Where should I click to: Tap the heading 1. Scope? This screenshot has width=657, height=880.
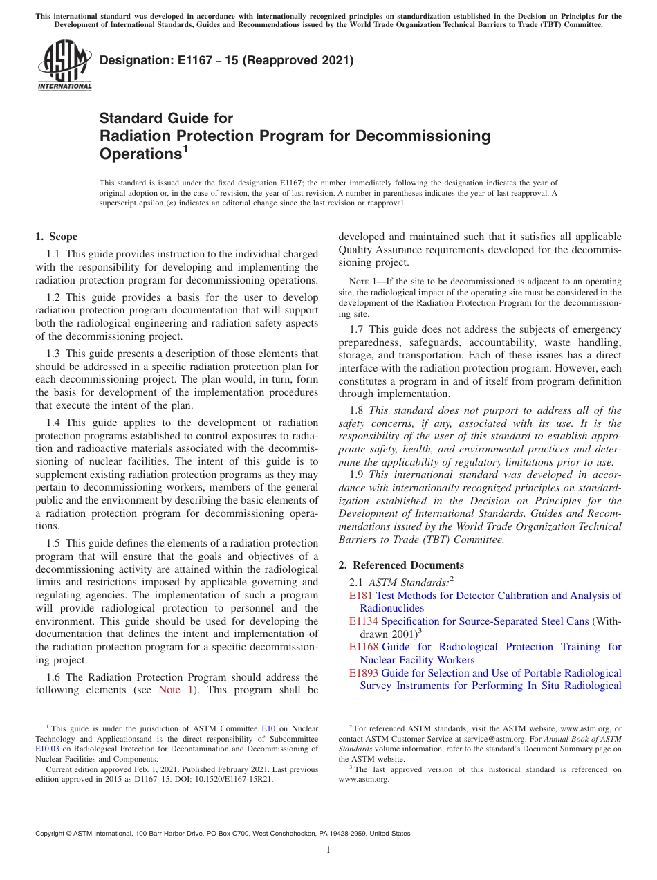point(57,237)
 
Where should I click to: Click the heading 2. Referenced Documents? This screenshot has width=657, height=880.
point(401,565)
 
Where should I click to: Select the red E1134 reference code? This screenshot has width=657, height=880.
point(364,621)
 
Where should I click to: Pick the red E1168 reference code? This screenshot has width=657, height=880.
point(364,647)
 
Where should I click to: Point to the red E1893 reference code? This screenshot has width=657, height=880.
point(364,673)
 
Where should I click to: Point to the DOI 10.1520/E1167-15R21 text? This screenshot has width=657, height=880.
point(233,779)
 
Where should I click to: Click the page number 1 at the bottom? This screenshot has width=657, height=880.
point(328,850)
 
